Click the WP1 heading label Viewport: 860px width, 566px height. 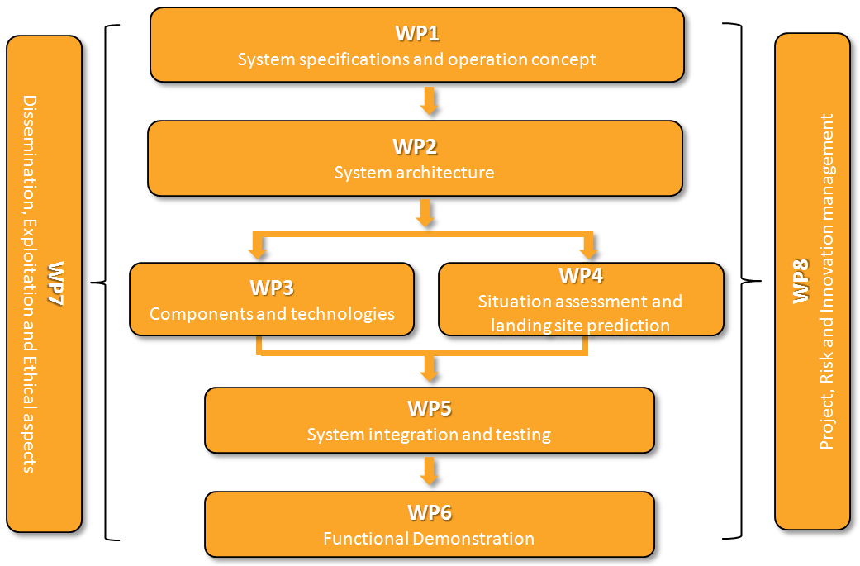(x=416, y=35)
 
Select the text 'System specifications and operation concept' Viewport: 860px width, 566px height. (x=416, y=59)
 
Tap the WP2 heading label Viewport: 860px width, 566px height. (x=415, y=147)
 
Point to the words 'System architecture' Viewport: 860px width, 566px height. (x=415, y=173)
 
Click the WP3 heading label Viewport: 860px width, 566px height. (x=272, y=288)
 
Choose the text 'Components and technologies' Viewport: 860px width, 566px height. (x=272, y=314)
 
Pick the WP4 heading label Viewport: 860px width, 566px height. (x=580, y=275)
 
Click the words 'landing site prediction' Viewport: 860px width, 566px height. (x=580, y=325)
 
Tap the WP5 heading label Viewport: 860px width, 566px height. (x=429, y=409)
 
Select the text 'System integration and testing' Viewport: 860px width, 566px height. (x=429, y=435)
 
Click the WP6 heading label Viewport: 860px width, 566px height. (x=429, y=513)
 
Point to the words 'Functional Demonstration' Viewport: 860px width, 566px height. (x=429, y=539)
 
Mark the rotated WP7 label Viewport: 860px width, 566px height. (x=56, y=283)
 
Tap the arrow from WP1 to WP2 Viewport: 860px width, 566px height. (x=429, y=101)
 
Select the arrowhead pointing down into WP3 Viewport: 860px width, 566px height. (x=259, y=250)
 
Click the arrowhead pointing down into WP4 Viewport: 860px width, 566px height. (x=588, y=250)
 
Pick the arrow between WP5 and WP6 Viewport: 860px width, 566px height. (x=429, y=472)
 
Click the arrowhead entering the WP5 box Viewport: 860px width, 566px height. (x=429, y=372)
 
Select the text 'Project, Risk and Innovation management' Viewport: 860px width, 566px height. (x=828, y=282)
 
